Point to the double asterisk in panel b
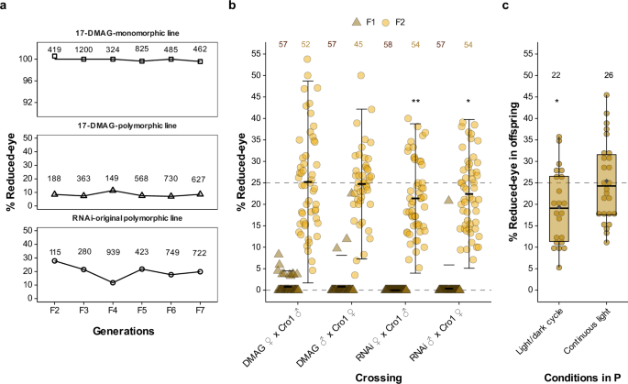tap(414, 101)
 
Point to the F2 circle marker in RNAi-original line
tap(54, 260)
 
